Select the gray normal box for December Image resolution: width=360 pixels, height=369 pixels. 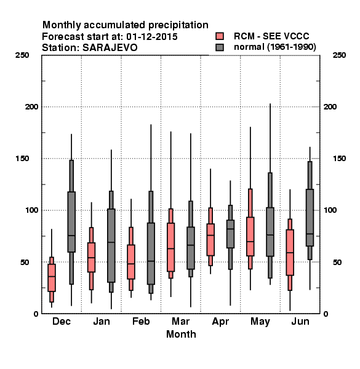[71, 222]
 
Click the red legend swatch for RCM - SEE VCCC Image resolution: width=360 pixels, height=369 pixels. [220, 36]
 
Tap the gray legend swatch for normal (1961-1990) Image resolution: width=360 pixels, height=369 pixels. [220, 47]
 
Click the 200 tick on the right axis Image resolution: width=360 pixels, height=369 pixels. [330, 106]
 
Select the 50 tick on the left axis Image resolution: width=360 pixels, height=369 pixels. [25, 262]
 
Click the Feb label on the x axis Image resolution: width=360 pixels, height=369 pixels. [141, 321]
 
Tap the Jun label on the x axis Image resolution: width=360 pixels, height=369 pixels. [300, 321]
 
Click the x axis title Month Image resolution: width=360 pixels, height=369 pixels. [181, 334]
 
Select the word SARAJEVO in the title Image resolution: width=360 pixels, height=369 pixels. [110, 47]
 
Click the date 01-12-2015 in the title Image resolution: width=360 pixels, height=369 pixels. [152, 36]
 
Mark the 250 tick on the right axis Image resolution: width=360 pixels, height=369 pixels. [339, 55]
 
